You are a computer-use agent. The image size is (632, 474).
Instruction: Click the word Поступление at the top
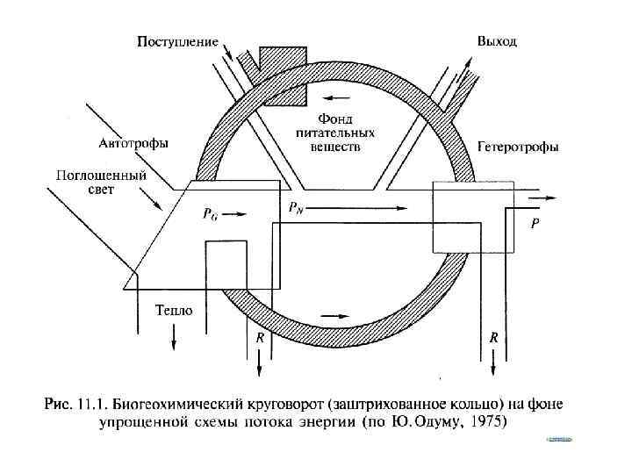pyautogui.click(x=177, y=41)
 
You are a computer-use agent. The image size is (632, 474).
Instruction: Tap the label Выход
pyautogui.click(x=497, y=41)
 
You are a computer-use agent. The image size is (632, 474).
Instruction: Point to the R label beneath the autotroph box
pyautogui.click(x=259, y=337)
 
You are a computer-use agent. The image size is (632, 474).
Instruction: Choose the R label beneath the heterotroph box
pyautogui.click(x=494, y=337)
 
